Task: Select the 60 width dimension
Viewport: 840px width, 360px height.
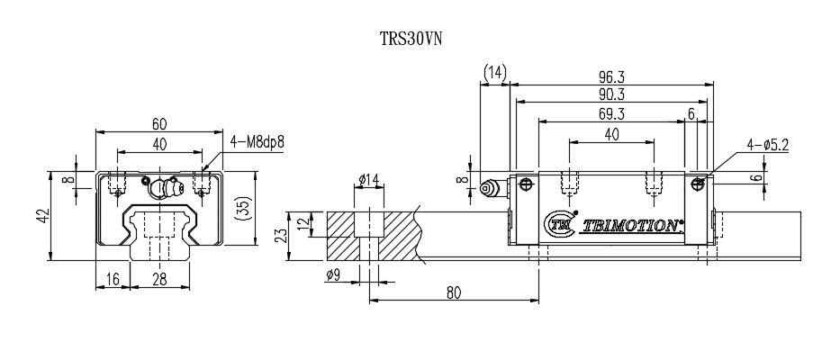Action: point(158,122)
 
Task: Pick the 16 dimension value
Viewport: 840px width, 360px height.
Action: point(112,280)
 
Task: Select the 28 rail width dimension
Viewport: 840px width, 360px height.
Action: point(159,280)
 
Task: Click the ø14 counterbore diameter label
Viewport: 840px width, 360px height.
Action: point(367,180)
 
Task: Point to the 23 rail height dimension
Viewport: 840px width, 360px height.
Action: point(282,236)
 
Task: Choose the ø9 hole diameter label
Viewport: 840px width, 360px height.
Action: point(333,275)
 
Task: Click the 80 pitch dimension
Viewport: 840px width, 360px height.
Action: point(453,292)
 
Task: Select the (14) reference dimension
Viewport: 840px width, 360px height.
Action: point(495,72)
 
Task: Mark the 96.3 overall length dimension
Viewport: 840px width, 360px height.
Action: point(611,76)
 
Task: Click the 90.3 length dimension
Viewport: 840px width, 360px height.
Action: point(611,94)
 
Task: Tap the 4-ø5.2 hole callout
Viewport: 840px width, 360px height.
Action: point(767,144)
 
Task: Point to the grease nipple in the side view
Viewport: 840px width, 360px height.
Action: point(493,188)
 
